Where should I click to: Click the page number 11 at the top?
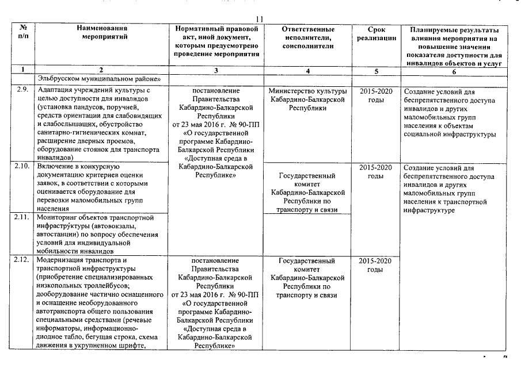tap(260, 19)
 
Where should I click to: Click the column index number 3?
tap(215, 70)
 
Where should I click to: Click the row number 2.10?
tap(23, 167)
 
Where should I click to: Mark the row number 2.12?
tap(23, 260)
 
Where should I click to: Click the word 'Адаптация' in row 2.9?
tap(54, 91)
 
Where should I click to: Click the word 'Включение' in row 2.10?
tap(54, 167)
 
